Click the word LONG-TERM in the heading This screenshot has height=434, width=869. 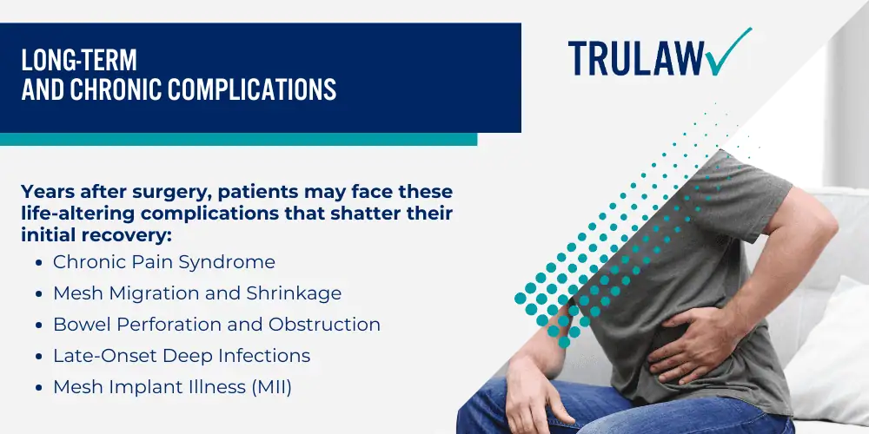pos(79,61)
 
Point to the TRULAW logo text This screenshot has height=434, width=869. pos(636,58)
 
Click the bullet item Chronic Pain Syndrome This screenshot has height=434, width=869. pos(164,262)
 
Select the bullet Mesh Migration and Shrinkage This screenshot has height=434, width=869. pos(197,293)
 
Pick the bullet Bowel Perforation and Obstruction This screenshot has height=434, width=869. pos(216,325)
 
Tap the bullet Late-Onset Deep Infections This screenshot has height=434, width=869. pos(182,356)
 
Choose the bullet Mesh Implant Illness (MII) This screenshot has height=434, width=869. pos(172,387)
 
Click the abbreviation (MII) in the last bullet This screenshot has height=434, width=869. pos(271,388)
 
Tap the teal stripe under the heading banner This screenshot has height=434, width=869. pos(238,139)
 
